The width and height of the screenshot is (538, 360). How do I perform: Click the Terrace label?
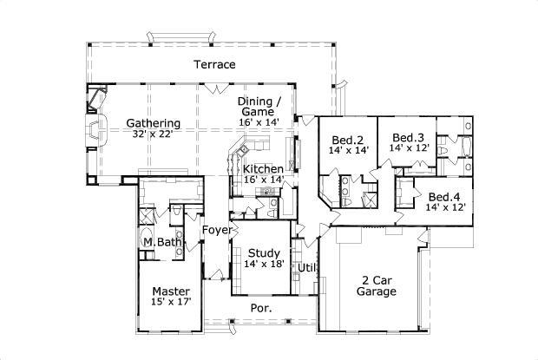point(213,65)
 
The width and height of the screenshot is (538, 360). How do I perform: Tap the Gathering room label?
point(153,123)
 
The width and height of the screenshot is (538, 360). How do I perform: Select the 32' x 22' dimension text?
point(153,134)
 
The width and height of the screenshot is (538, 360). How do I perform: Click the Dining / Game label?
point(258,106)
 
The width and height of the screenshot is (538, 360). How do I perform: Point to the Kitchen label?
point(263,168)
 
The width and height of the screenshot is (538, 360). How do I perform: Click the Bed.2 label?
point(346,139)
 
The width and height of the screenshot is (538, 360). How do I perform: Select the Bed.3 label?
point(406,137)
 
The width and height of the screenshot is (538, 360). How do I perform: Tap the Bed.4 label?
point(444,196)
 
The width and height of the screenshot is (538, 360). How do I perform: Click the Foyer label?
point(216,230)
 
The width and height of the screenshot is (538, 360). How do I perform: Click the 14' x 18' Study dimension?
point(264,263)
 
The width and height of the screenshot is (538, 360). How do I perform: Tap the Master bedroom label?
point(171,291)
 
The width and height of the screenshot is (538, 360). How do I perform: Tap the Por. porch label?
point(261,308)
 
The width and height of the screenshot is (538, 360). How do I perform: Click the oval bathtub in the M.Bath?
point(145,241)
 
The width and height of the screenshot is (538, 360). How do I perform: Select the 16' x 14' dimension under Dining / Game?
point(258,123)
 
